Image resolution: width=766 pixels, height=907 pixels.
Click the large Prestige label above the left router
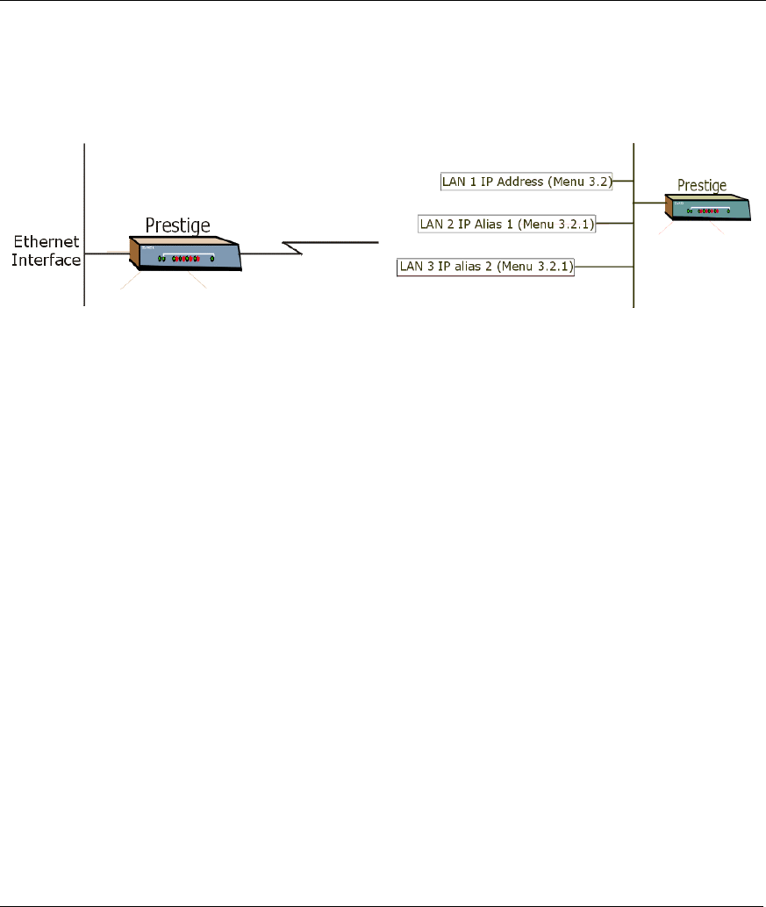177,225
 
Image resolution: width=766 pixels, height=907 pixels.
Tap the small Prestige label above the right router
702,185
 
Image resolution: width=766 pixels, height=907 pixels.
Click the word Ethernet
46,242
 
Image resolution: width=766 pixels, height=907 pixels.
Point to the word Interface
46,260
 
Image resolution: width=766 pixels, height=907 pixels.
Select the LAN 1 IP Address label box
526,182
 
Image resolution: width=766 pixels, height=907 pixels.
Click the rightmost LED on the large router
212,260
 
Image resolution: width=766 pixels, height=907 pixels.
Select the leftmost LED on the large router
160,259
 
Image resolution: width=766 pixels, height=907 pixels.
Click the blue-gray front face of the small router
711,212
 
